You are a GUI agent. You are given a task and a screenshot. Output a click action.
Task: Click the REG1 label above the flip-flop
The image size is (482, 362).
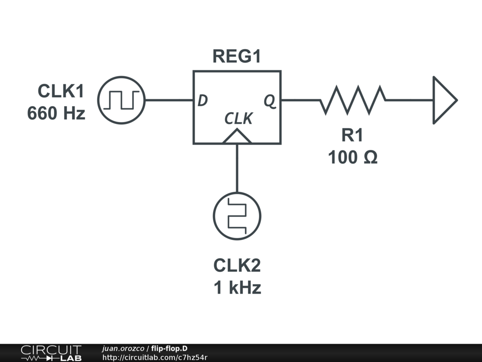[x=236, y=57]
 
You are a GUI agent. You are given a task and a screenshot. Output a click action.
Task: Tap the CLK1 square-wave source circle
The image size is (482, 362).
[x=121, y=100]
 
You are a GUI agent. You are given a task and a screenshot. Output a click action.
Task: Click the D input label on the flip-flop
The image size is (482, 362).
[x=202, y=100]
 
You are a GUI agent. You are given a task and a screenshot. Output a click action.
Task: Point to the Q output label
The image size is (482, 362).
[x=270, y=100]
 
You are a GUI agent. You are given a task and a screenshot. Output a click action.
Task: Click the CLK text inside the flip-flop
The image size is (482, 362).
[x=238, y=119]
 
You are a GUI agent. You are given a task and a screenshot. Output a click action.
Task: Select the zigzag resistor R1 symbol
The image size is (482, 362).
[x=353, y=100]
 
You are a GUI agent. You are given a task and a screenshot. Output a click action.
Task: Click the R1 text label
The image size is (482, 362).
[x=352, y=135]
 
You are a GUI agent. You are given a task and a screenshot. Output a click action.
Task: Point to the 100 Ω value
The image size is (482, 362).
[x=353, y=157]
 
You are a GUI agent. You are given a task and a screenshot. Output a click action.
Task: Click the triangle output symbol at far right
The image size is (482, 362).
[x=443, y=100]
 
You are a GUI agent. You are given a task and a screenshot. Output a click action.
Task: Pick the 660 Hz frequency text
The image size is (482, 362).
[x=56, y=113]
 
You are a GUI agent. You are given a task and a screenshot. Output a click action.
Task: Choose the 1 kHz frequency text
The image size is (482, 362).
[x=237, y=288]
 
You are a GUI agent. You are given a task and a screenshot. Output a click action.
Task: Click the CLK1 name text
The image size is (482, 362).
[x=61, y=91]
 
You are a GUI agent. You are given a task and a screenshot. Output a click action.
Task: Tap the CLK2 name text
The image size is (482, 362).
[x=237, y=265]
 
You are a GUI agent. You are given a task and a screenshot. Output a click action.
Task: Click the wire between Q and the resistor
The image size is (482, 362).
[x=300, y=100]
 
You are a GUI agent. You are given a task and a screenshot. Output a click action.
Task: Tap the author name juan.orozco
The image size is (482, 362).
[x=123, y=348]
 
